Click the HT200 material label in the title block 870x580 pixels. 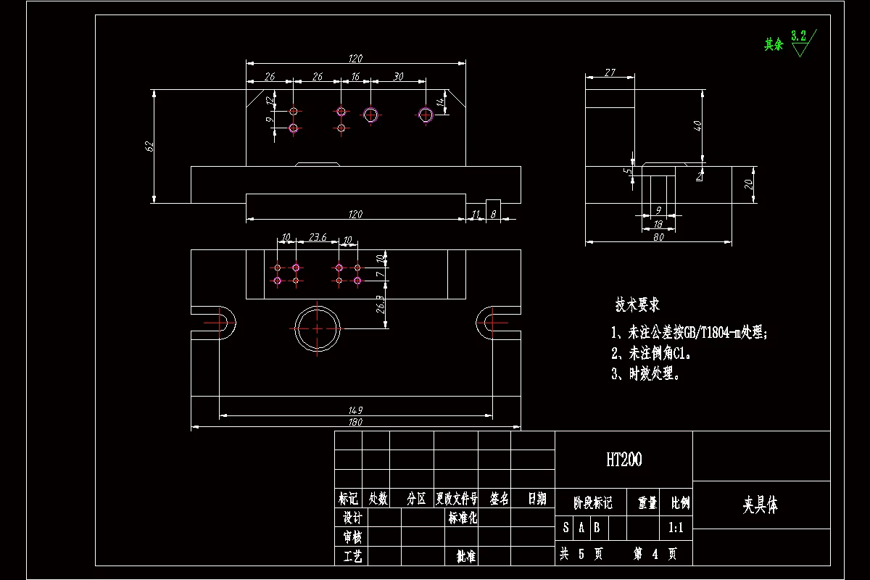click(x=623, y=459)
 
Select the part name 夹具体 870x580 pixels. click(x=760, y=505)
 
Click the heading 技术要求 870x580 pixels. click(x=637, y=304)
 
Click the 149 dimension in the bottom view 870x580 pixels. click(x=355, y=410)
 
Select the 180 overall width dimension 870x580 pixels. click(x=355, y=422)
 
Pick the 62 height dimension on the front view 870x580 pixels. click(x=150, y=146)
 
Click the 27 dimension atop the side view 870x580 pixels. click(x=609, y=72)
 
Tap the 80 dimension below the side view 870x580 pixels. click(x=658, y=236)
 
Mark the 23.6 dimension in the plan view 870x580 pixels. click(x=318, y=237)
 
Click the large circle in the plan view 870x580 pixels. click(x=318, y=328)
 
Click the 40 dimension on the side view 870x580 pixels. click(x=697, y=125)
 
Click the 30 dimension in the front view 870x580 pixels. click(x=398, y=76)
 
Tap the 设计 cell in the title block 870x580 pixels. click(x=352, y=517)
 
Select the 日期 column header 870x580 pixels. click(x=536, y=499)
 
